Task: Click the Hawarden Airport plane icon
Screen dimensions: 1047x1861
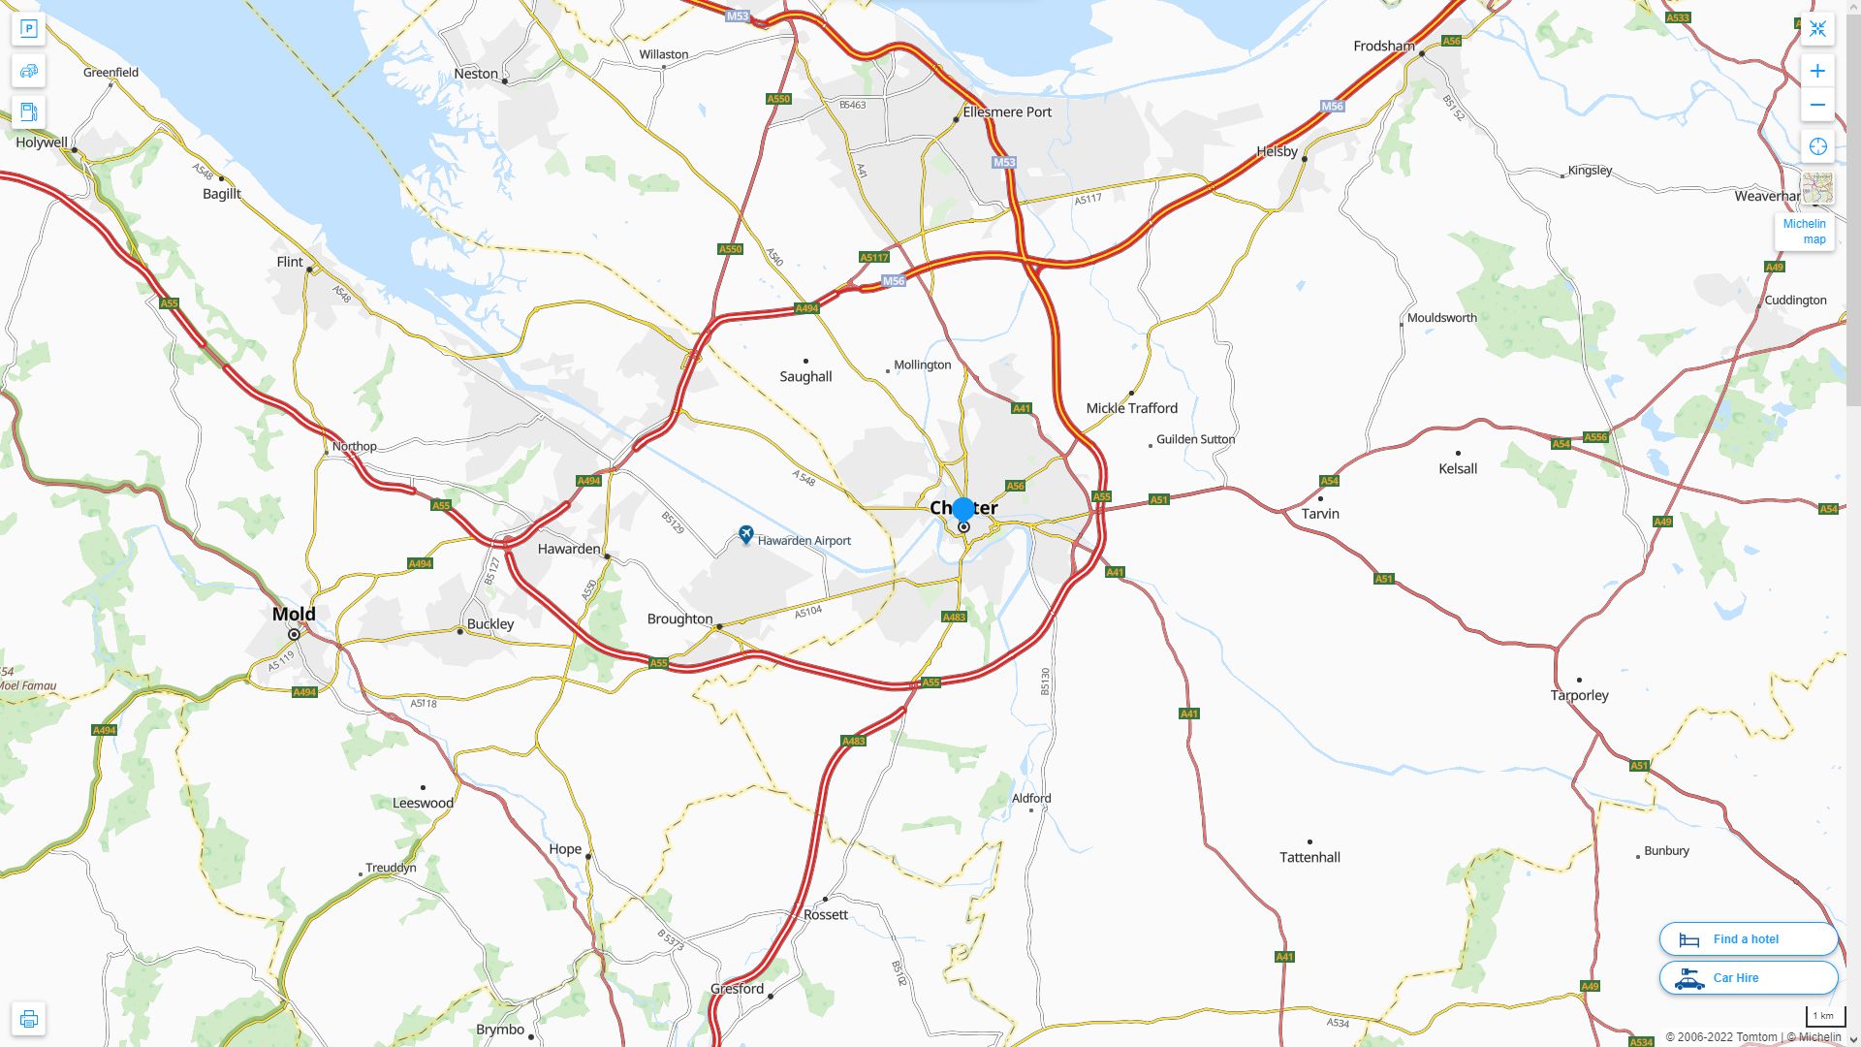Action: (745, 534)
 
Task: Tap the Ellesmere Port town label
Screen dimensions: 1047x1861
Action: (1007, 112)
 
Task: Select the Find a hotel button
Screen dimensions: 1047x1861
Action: (1748, 938)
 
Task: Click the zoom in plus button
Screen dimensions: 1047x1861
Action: (1817, 71)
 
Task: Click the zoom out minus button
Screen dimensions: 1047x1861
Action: (1817, 105)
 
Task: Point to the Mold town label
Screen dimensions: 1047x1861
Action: (294, 614)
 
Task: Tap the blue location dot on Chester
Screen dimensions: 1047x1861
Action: (962, 509)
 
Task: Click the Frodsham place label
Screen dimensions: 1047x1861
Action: (1383, 47)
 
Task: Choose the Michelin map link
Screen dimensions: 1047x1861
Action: (1804, 231)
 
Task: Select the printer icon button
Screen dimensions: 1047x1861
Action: (28, 1019)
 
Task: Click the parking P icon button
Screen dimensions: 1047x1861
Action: (28, 29)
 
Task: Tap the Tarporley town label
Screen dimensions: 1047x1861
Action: (1579, 695)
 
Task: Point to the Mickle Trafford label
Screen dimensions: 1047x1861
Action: (1131, 408)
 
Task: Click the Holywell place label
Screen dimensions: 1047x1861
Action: (42, 143)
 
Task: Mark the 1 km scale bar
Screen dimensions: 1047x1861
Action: (1824, 1017)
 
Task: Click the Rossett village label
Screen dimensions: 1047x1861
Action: (825, 914)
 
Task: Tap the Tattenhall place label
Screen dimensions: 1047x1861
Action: (1309, 857)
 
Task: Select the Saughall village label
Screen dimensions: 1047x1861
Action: (805, 376)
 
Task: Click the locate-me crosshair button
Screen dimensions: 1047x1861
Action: (1817, 146)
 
